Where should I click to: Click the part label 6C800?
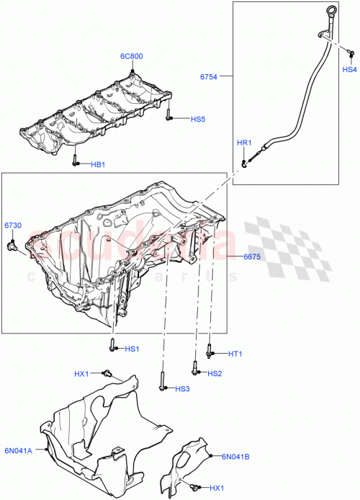point(132,55)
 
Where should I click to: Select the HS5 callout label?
point(198,119)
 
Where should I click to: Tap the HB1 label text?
point(98,164)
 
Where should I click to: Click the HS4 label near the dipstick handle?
point(349,69)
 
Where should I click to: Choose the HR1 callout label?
point(243,143)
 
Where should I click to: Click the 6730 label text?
point(14,226)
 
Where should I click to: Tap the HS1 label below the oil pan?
point(131,349)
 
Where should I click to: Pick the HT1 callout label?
point(235,354)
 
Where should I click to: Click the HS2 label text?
point(215,373)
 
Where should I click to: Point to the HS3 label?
point(182,389)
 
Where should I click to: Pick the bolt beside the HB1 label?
point(76,162)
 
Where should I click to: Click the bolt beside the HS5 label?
point(168,115)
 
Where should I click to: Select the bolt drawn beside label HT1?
point(210,352)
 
